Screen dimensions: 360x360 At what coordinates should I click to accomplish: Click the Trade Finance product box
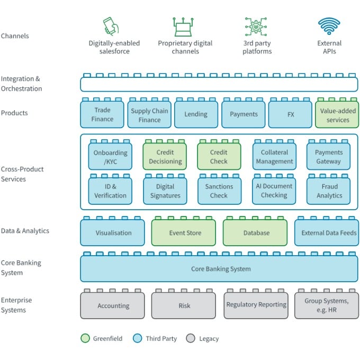(x=102, y=114)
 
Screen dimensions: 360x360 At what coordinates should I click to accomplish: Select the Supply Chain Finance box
(x=149, y=115)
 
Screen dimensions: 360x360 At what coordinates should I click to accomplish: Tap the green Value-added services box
(x=337, y=115)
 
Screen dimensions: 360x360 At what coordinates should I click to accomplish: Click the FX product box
(x=290, y=114)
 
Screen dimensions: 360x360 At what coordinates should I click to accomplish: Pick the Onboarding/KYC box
(x=111, y=157)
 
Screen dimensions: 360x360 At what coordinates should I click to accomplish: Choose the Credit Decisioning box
(x=165, y=157)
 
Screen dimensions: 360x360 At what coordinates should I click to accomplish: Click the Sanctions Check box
(x=219, y=191)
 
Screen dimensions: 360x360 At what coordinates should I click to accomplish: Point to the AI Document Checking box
(x=274, y=191)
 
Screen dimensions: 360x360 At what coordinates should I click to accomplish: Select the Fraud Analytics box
(x=329, y=191)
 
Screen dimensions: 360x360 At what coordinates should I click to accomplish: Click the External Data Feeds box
(x=327, y=233)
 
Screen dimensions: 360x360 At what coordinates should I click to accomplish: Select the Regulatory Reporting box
(x=256, y=305)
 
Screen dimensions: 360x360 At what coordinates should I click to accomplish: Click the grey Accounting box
(x=113, y=305)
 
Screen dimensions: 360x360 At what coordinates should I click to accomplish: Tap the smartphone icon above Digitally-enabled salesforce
(x=110, y=26)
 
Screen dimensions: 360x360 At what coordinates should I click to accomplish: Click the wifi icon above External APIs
(x=329, y=26)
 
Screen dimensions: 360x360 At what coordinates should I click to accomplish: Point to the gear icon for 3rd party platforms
(x=257, y=26)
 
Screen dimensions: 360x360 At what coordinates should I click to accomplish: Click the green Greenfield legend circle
(x=85, y=338)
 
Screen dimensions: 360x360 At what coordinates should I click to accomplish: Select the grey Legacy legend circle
(x=191, y=338)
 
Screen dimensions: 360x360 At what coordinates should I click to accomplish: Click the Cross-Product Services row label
(x=22, y=174)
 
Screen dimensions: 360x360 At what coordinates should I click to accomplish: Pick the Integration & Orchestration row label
(x=21, y=84)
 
